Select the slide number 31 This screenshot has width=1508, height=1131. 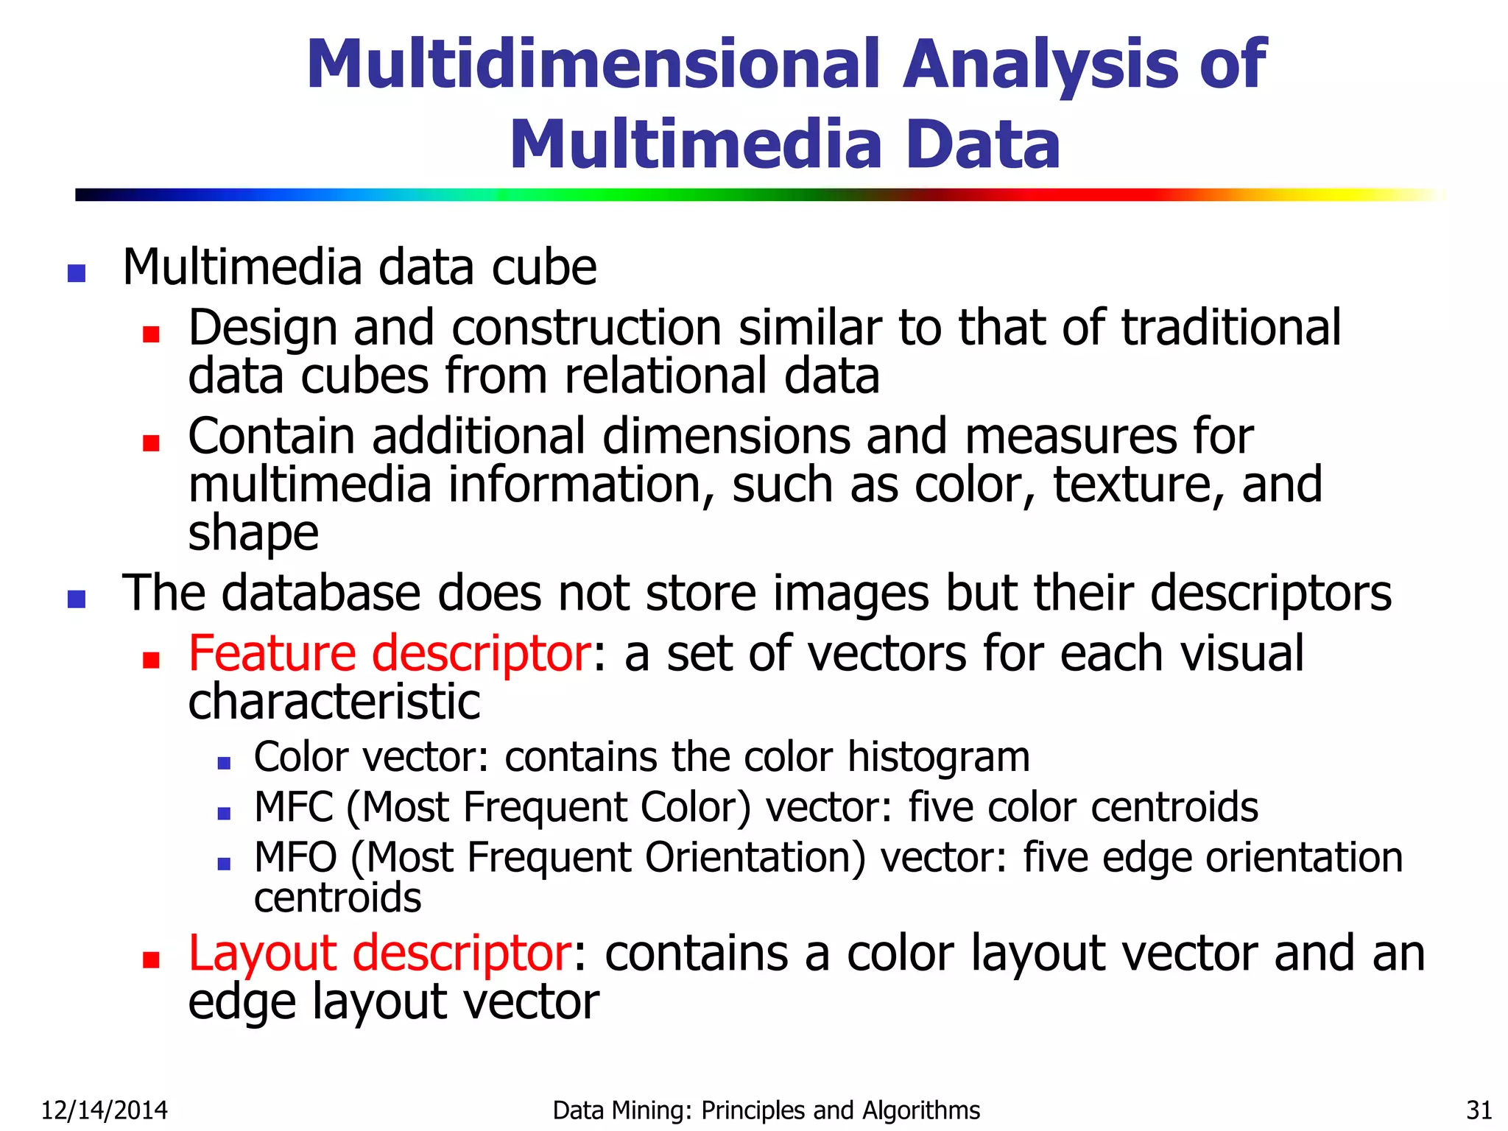1479,1110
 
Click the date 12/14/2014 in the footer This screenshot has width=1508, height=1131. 105,1110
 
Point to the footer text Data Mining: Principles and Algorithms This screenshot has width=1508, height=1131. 766,1110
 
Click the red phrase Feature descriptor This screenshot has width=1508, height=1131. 389,653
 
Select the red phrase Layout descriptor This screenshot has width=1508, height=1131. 379,953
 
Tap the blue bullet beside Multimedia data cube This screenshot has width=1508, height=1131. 77,274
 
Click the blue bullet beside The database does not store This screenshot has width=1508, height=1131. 77,599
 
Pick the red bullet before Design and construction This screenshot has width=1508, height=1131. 152,335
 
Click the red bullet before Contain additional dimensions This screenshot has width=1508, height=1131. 152,443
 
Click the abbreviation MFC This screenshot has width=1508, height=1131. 294,807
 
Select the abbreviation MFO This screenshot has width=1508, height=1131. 295,857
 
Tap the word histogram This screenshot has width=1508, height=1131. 938,757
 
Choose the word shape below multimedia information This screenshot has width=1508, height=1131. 253,533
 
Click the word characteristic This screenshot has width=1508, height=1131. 334,702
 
